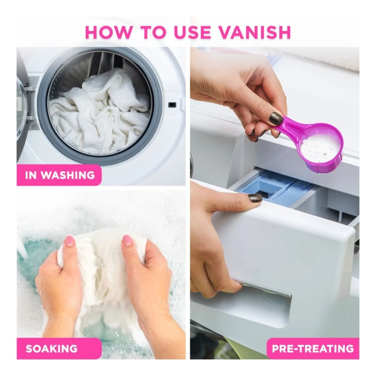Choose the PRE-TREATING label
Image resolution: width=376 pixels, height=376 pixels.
pyautogui.click(x=313, y=349)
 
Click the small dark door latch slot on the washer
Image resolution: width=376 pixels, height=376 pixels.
pyautogui.click(x=172, y=105)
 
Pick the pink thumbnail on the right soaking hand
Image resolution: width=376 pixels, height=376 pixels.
pyautogui.click(x=127, y=242)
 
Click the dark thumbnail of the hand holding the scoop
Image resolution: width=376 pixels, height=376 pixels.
pyautogui.click(x=275, y=118)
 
